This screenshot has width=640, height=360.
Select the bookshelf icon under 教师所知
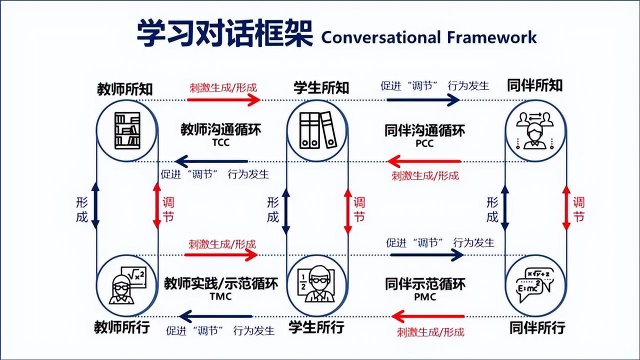click(x=127, y=130)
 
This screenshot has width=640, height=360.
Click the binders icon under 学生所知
click(x=317, y=130)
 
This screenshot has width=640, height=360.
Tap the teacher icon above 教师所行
click(x=127, y=285)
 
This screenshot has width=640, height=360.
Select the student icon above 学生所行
click(x=317, y=285)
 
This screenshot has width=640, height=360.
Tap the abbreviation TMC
click(x=220, y=296)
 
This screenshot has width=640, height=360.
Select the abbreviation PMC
click(x=425, y=296)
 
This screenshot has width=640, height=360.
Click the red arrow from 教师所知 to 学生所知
click(x=223, y=99)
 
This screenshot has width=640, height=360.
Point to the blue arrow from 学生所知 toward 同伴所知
click(x=423, y=99)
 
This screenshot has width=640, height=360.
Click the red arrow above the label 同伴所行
click(x=428, y=316)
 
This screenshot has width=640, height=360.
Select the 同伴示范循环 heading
click(x=425, y=284)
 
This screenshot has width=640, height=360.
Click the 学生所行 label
click(x=316, y=327)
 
